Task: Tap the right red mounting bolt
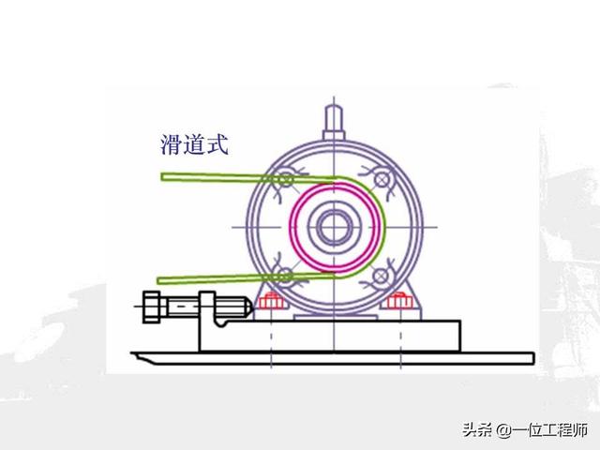(x=399, y=303)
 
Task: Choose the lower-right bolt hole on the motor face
(x=382, y=275)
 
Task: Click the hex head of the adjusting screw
(x=154, y=307)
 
